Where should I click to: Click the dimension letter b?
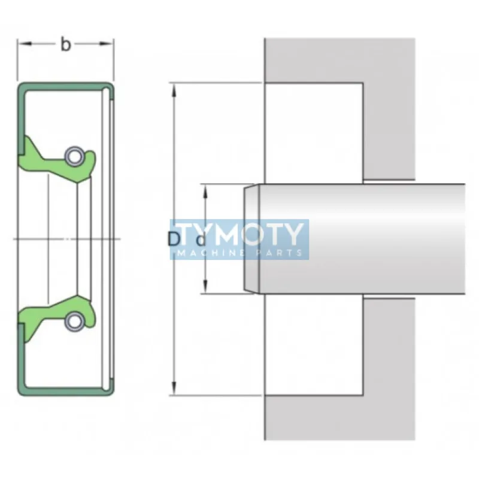click(66, 45)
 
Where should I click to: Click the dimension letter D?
click(174, 239)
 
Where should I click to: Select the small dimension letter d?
click(201, 241)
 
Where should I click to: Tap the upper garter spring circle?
click(74, 156)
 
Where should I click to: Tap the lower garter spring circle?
click(74, 321)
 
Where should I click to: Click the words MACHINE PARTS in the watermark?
click(239, 253)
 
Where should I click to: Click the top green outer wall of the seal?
click(66, 86)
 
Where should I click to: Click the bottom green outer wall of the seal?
click(66, 392)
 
